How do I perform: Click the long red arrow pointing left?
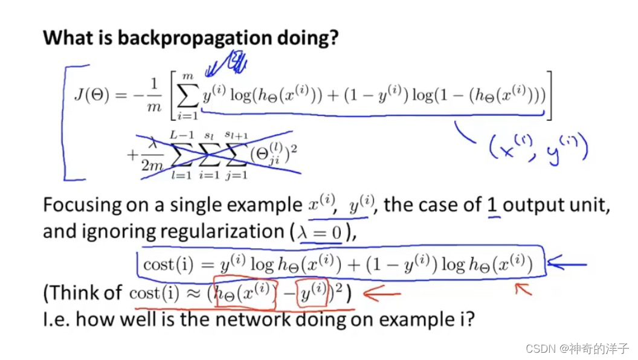coord(381,295)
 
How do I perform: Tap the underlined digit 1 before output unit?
coord(493,205)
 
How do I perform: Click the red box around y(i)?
coord(313,294)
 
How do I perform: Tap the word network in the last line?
coord(251,318)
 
